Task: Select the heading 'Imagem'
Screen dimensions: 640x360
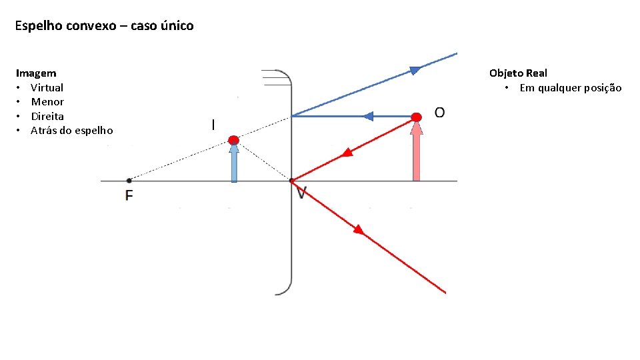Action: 36,73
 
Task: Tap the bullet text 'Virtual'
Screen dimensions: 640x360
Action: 47,87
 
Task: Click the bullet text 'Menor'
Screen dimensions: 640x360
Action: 47,102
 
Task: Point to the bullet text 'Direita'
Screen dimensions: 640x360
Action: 47,116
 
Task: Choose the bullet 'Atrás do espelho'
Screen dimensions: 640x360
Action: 72,131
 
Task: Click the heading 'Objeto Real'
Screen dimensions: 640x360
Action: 518,73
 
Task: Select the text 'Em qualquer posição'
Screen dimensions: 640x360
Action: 570,88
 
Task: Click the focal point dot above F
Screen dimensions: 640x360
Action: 129,180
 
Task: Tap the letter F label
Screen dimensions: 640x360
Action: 129,195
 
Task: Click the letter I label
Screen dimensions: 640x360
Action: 213,125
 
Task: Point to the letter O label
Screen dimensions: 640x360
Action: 440,112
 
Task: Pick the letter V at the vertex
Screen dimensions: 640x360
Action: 301,193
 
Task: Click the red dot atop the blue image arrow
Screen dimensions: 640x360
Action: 233,140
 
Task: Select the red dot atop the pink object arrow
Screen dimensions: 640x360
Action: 417,117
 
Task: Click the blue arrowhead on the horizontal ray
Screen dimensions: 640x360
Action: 367,117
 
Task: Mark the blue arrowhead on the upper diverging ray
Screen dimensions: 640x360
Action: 415,69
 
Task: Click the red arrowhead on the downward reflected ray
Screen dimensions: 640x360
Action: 358,230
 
